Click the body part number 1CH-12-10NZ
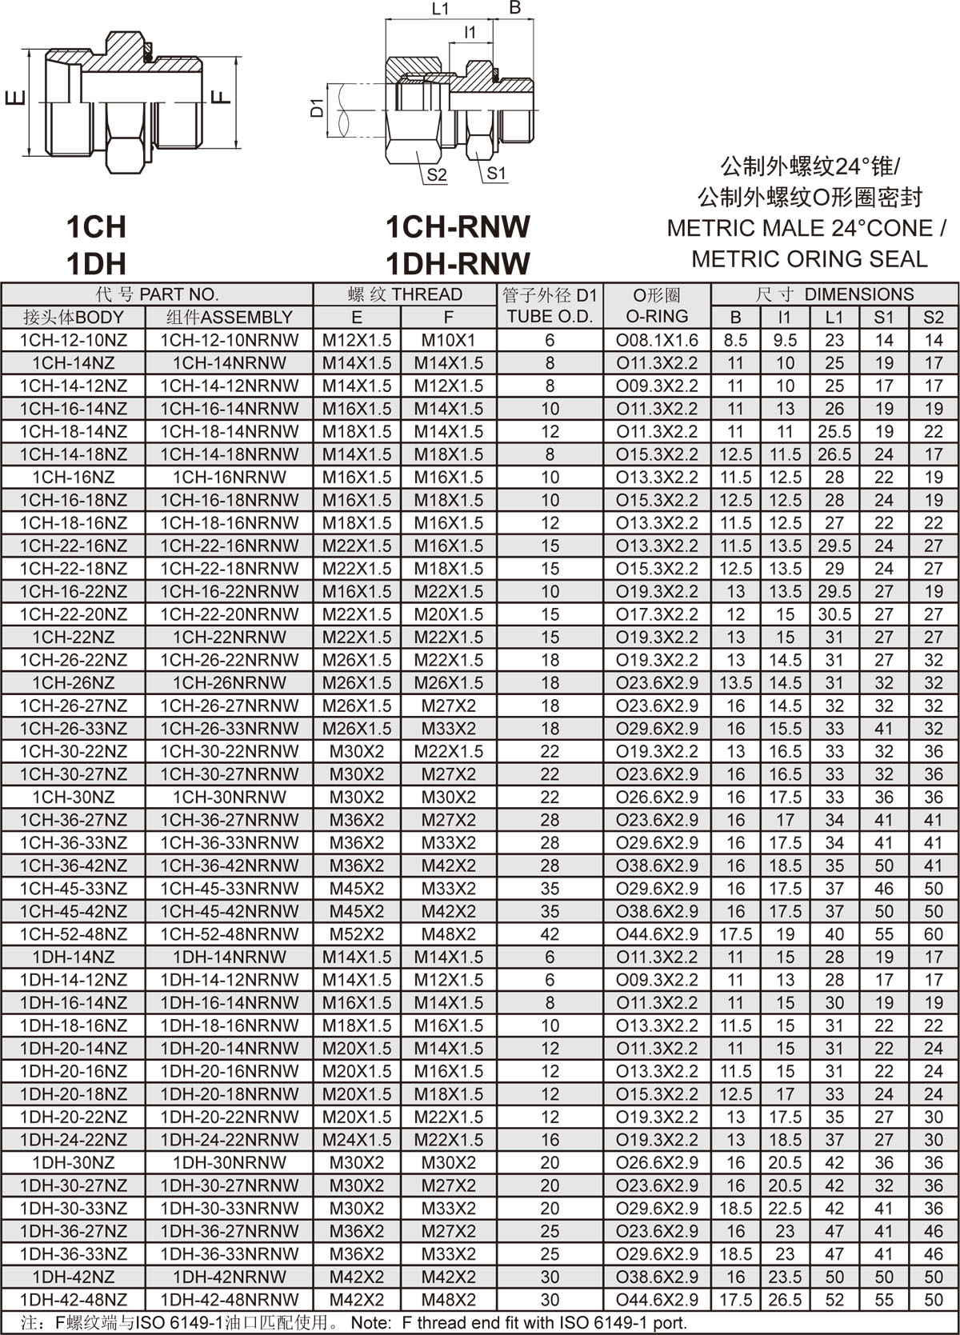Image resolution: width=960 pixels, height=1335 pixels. (74, 340)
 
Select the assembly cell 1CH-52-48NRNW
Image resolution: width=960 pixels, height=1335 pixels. (230, 933)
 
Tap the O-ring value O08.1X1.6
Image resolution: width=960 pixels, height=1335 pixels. (657, 340)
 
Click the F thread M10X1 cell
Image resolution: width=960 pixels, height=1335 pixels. (448, 340)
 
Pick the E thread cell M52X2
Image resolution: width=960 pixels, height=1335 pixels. (357, 933)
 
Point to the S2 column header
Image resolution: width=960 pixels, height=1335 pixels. (933, 317)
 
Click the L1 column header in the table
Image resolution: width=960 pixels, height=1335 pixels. (834, 317)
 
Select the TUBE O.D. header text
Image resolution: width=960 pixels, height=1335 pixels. (550, 317)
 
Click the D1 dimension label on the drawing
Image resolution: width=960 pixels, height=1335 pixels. (317, 106)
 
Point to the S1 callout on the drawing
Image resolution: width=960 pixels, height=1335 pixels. (496, 173)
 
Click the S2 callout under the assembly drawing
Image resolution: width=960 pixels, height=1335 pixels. (436, 174)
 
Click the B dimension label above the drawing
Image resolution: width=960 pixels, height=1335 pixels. (515, 8)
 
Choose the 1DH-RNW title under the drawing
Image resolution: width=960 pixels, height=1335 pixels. (458, 263)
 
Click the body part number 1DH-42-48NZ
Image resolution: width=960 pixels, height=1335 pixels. (74, 1299)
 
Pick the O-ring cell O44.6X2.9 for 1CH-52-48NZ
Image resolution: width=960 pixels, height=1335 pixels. (657, 933)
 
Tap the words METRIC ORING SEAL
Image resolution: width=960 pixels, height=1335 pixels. (809, 259)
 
